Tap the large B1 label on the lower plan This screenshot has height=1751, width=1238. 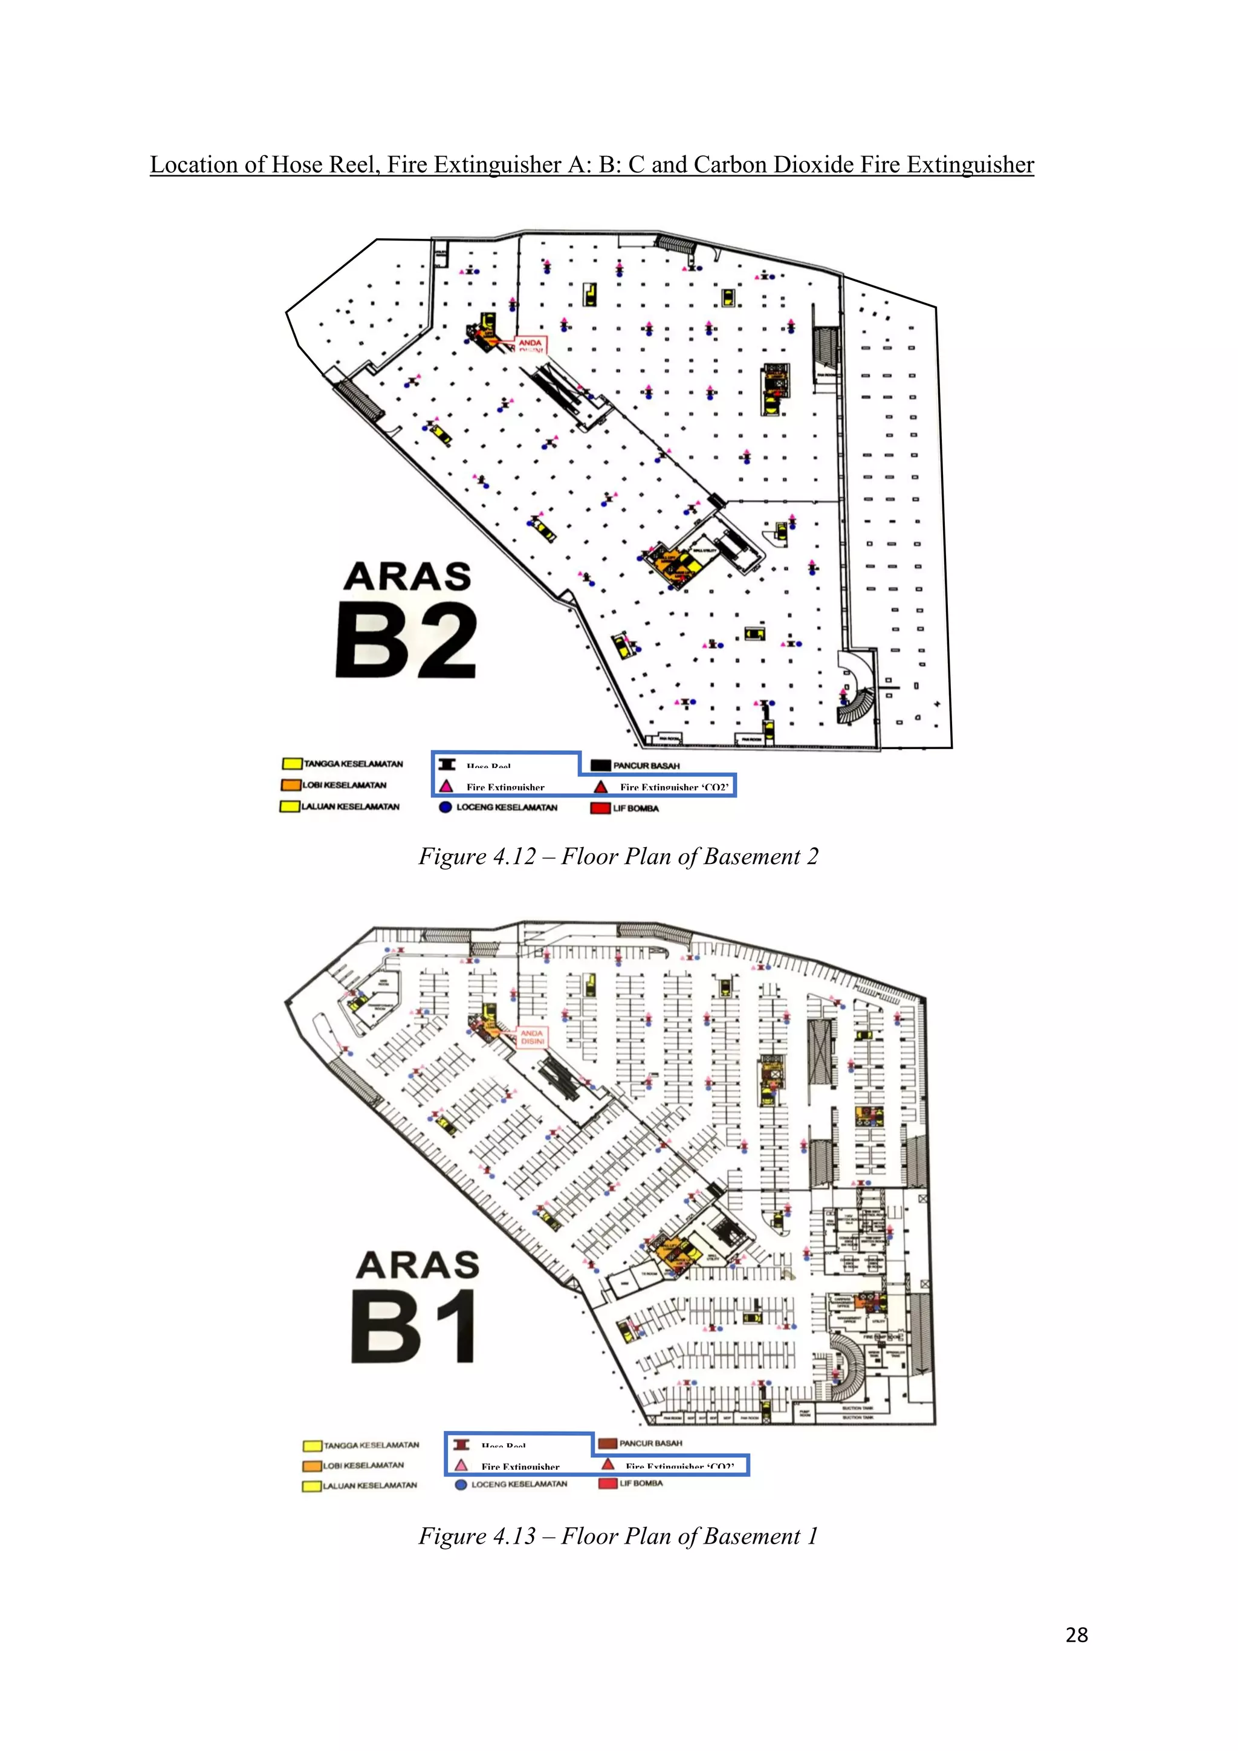click(414, 1328)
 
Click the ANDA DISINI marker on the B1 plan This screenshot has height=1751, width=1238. click(532, 1037)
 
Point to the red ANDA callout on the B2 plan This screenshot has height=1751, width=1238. click(531, 345)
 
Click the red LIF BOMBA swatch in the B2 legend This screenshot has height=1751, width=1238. click(600, 808)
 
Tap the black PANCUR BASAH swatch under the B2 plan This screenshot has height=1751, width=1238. click(601, 765)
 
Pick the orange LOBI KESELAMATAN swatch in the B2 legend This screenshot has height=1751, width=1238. click(290, 785)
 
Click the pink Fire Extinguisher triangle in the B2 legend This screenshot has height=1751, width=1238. click(447, 786)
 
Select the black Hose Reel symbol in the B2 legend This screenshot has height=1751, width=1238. click(447, 764)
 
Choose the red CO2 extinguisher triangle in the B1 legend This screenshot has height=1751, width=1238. click(608, 1464)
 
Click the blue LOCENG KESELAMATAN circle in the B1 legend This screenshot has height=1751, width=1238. click(461, 1485)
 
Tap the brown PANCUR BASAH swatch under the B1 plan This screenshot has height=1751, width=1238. click(608, 1443)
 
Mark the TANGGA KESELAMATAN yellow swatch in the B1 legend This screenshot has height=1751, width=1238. click(312, 1445)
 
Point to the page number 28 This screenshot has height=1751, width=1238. click(1077, 1635)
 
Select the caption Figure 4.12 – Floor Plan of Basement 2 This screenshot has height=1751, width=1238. click(618, 856)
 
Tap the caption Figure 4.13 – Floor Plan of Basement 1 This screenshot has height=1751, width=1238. click(618, 1536)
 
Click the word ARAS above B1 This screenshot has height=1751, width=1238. click(418, 1265)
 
